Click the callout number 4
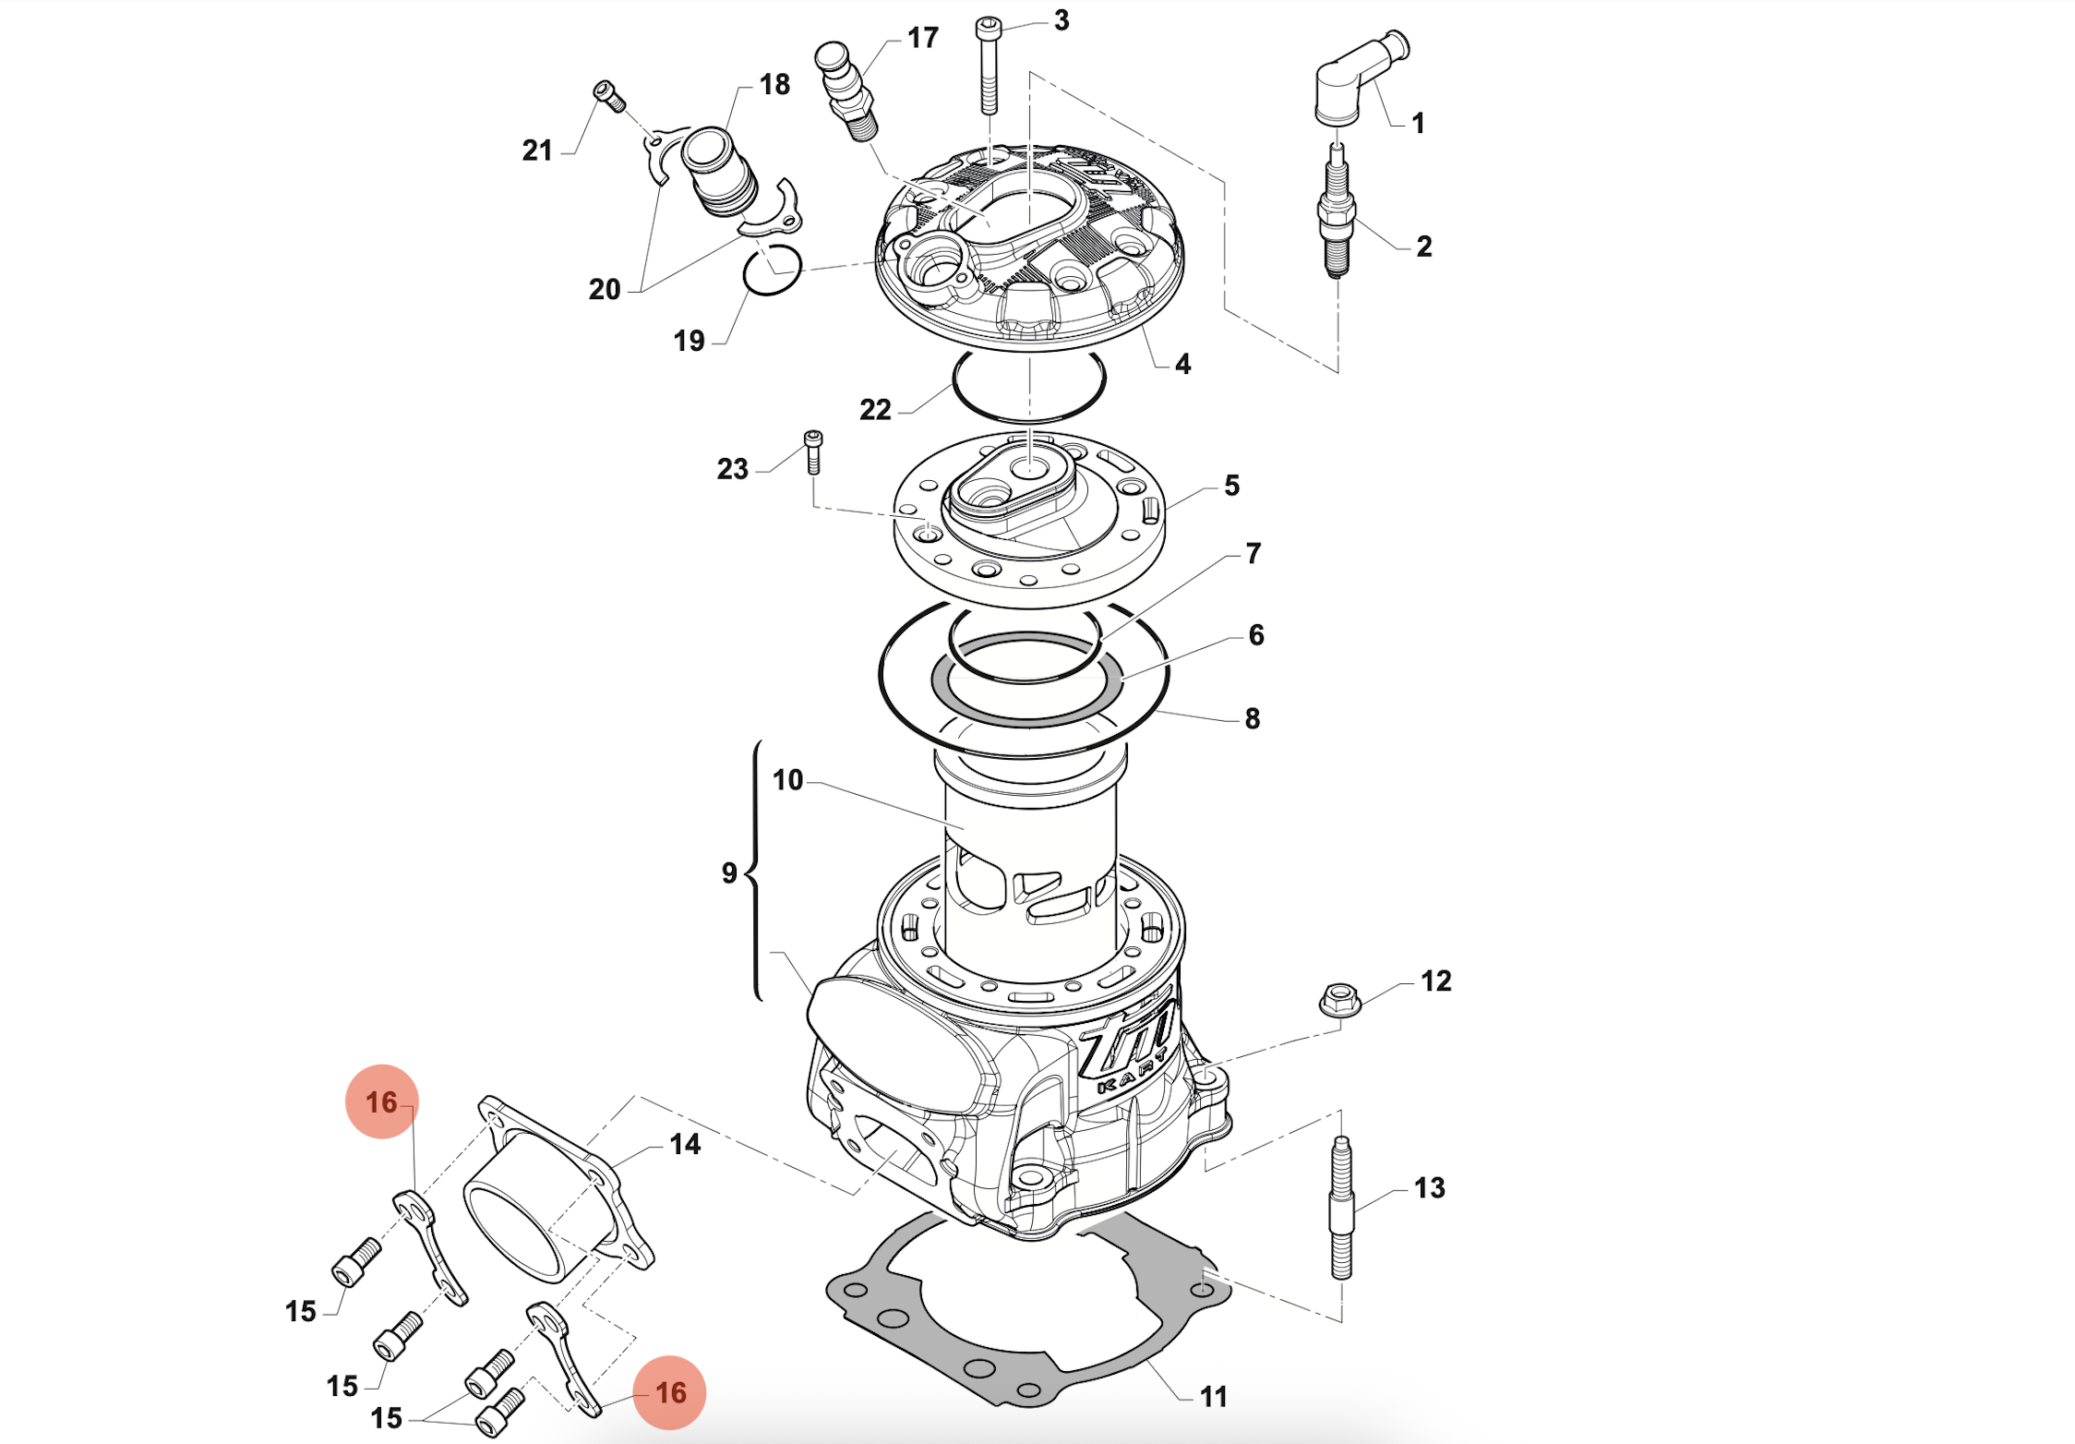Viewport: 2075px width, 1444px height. (x=1182, y=364)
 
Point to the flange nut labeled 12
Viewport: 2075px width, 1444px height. (x=1339, y=999)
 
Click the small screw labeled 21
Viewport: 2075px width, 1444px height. (x=609, y=95)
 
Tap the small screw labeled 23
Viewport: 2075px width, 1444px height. (x=813, y=451)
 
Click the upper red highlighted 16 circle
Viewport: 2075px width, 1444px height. (x=381, y=1101)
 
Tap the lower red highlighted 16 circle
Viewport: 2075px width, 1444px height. (x=669, y=1392)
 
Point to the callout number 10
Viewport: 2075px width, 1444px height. (x=787, y=780)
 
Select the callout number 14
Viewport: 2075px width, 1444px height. (x=685, y=1144)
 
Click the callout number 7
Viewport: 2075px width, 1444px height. (x=1253, y=553)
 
